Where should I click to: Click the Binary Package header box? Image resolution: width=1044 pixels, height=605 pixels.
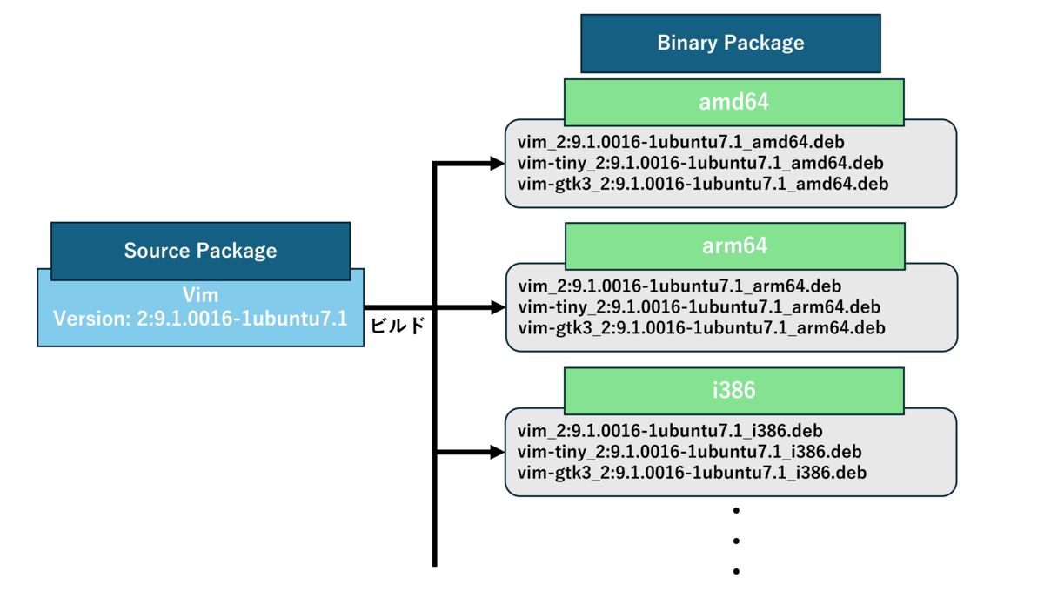pyautogui.click(x=730, y=44)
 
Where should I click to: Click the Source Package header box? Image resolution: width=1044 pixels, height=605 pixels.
pyautogui.click(x=200, y=251)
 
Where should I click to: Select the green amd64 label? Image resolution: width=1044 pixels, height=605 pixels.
pyautogui.click(x=734, y=102)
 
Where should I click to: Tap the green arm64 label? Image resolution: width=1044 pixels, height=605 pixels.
pyautogui.click(x=735, y=246)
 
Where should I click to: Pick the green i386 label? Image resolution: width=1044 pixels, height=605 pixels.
pyautogui.click(x=734, y=391)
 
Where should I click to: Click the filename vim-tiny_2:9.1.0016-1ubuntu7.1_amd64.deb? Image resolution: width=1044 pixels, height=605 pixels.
pyautogui.click(x=700, y=163)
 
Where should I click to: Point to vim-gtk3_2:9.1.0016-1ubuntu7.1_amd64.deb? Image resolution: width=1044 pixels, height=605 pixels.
pyautogui.click(x=703, y=184)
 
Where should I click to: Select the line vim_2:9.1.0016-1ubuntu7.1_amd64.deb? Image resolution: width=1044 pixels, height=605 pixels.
pyautogui.click(x=681, y=142)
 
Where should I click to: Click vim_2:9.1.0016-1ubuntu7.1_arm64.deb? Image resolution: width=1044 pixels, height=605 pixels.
pyautogui.click(x=679, y=286)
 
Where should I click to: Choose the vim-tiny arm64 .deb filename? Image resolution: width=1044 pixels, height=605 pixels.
pyautogui.click(x=699, y=307)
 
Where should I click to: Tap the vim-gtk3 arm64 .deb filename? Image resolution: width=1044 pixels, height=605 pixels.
pyautogui.click(x=701, y=328)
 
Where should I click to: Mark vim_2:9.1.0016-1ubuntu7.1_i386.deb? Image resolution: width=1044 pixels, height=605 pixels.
pyautogui.click(x=670, y=431)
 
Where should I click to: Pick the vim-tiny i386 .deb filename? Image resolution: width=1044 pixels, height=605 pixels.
pyautogui.click(x=689, y=452)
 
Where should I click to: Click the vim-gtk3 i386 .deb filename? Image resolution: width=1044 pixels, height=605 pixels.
pyautogui.click(x=692, y=473)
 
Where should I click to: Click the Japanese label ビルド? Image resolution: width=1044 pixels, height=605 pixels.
pyautogui.click(x=398, y=325)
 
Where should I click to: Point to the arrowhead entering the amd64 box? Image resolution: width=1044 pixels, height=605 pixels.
pyautogui.click(x=498, y=164)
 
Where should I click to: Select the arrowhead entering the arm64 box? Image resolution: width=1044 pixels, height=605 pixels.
pyautogui.click(x=499, y=307)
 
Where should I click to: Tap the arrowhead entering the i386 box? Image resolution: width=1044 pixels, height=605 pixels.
pyautogui.click(x=498, y=452)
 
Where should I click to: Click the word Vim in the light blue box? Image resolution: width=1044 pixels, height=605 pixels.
pyautogui.click(x=200, y=295)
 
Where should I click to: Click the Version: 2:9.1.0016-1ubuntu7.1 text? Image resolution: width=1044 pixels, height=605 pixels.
pyautogui.click(x=200, y=319)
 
